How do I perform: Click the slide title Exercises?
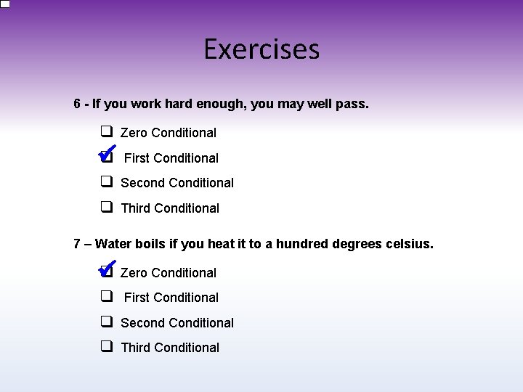261,49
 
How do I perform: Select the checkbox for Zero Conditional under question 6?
106,132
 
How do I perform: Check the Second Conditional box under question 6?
106,181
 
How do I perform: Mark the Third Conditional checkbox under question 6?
106,207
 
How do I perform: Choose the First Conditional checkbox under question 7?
106,296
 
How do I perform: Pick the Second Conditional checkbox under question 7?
106,322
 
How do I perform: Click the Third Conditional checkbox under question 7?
106,346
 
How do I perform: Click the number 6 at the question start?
77,105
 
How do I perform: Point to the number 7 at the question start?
77,244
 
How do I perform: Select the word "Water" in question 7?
113,244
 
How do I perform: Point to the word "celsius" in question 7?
410,244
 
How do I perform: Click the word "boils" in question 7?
150,244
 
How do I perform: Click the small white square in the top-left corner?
4,4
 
